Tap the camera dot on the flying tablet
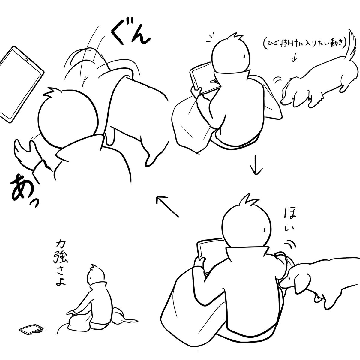point(26,60)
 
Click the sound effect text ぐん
point(131,35)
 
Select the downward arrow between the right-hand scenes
point(256,165)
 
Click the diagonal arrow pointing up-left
point(167,206)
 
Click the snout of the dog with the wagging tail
point(283,102)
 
